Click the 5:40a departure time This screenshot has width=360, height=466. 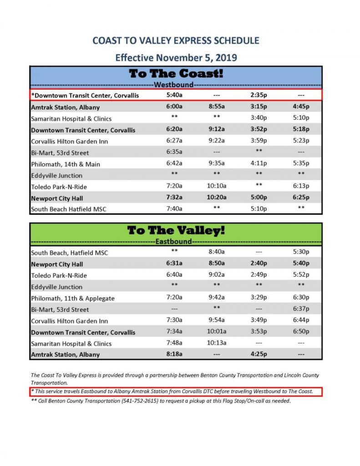pos(174,96)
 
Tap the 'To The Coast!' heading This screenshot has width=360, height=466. pos(176,74)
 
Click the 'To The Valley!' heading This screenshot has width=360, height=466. pos(176,231)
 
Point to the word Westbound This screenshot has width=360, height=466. pos(174,85)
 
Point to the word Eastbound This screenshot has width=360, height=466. pos(174,241)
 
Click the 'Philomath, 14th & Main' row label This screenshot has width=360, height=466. pos(66,164)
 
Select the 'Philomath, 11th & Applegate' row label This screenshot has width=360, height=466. pos(73,298)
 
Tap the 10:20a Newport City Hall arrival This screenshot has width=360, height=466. pos(217,198)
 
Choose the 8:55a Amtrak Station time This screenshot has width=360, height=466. pos(217,107)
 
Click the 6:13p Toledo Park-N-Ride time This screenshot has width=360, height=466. pos(301,187)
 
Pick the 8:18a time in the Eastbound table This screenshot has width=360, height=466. pos(174,355)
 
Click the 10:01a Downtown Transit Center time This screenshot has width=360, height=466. pos(217,332)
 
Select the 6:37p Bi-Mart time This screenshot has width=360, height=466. pos(301,309)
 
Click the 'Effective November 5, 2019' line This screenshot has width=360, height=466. pos(176,58)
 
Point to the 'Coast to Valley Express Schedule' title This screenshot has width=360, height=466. pos(176,41)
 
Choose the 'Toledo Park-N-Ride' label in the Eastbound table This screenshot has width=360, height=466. pos(59,275)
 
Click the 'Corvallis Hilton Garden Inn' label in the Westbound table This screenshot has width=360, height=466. pos(70,141)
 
